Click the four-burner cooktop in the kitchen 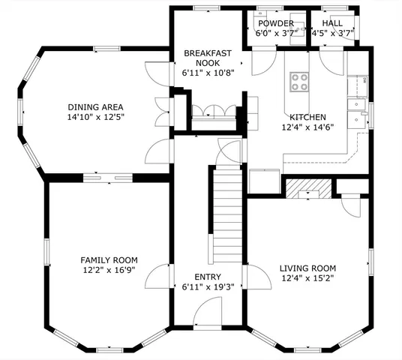point(299,81)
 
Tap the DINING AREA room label point(95,106)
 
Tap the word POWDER point(276,23)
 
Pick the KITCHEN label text point(307,117)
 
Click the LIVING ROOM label point(307,268)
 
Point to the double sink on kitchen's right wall point(355,110)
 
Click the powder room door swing point(262,63)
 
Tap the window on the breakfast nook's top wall point(202,8)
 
